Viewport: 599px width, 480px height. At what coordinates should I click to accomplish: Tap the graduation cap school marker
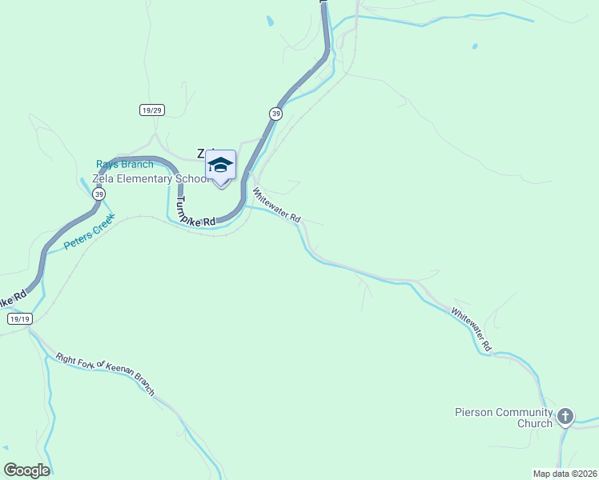click(220, 166)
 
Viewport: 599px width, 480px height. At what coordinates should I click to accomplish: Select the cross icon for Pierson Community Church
click(565, 416)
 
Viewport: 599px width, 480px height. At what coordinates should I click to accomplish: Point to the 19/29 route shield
click(151, 110)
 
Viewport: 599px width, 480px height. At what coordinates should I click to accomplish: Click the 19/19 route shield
click(19, 318)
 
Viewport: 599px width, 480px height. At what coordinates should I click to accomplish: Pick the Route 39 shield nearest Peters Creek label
click(98, 194)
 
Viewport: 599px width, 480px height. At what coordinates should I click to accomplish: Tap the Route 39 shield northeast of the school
click(275, 114)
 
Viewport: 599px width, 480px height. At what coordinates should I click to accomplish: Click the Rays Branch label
click(124, 165)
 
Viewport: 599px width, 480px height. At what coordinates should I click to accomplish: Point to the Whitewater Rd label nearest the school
click(276, 206)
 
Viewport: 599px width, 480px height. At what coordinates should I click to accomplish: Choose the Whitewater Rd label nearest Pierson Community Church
click(470, 329)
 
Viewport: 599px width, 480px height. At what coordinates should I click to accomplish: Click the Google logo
click(26, 470)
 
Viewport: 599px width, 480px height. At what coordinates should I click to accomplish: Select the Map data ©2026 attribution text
click(564, 474)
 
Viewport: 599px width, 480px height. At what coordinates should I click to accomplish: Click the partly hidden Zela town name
click(205, 153)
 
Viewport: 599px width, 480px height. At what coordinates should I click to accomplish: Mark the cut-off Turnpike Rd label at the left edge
click(11, 302)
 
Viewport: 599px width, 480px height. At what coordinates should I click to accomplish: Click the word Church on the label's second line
click(533, 424)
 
